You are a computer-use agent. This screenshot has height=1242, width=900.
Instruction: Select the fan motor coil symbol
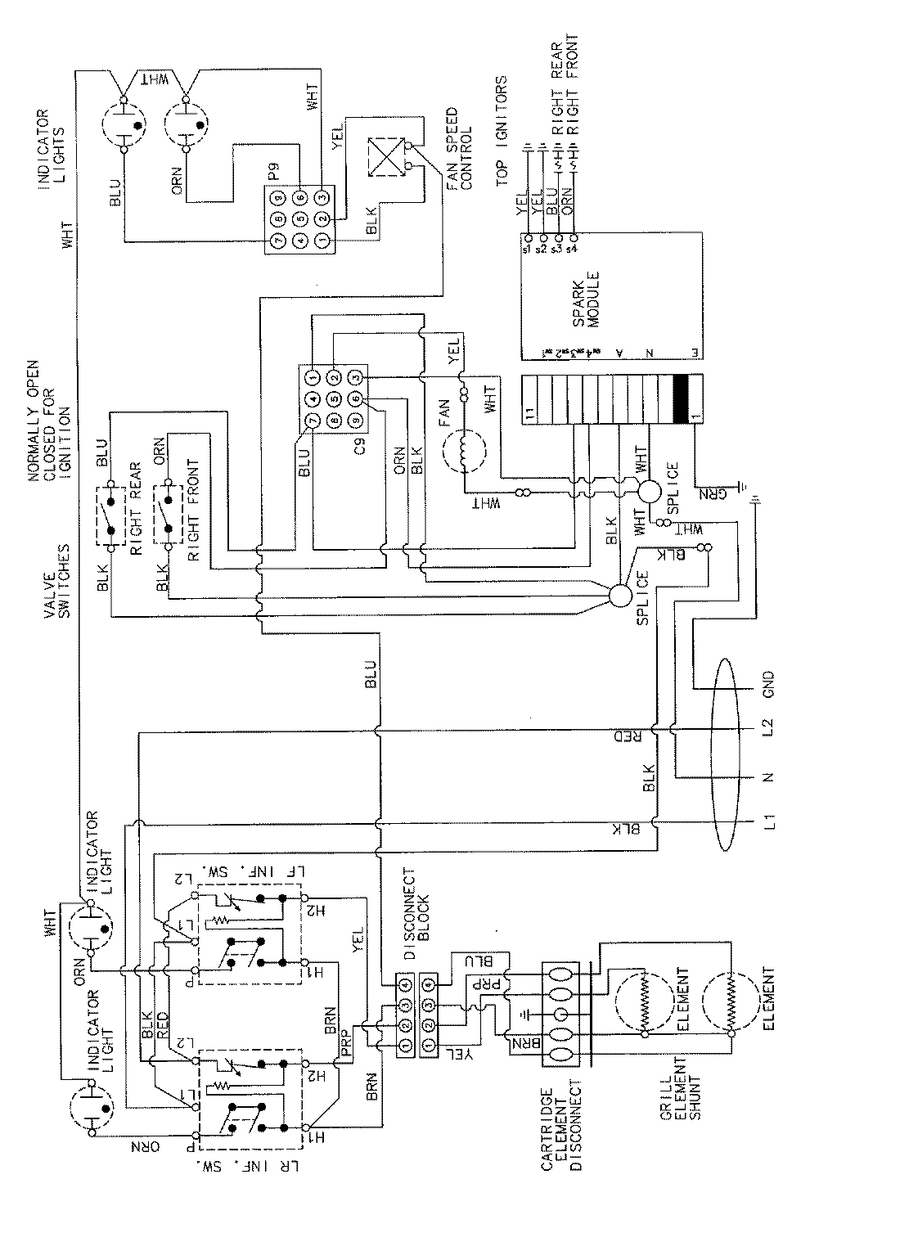[x=464, y=452]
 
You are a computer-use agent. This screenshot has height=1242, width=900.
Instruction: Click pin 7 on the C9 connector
[x=312, y=421]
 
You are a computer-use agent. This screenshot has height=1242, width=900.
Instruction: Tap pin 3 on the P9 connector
[x=322, y=197]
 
